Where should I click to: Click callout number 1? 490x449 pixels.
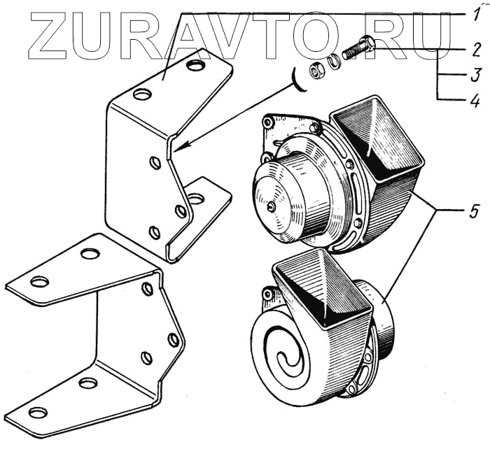tap(475, 15)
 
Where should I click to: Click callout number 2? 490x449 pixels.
tap(476, 50)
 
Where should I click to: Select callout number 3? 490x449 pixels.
tap(476, 76)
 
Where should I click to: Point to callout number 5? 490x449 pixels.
tap(474, 212)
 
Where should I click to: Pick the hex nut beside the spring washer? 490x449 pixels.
tap(317, 70)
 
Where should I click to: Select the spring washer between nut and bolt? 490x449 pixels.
tap(335, 62)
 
